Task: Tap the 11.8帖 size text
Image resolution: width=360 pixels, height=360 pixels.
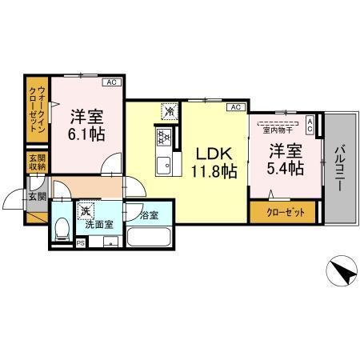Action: coord(212,170)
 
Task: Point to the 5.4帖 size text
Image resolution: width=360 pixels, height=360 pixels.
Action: coord(285,169)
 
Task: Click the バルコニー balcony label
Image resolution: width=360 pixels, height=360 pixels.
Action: coord(339,167)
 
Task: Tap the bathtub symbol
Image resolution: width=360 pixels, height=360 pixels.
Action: coord(149,239)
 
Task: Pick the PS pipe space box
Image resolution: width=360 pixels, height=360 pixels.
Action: coord(81,242)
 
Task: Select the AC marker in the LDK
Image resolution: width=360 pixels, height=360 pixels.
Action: coord(235,106)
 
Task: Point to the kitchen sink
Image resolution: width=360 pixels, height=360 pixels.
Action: coord(166,166)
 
